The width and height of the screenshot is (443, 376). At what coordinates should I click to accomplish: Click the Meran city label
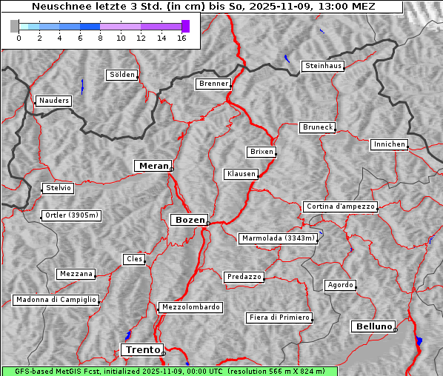pos(153,166)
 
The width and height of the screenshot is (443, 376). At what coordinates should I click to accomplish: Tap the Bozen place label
pos(189,220)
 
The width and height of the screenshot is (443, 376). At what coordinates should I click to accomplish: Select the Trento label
pos(141,349)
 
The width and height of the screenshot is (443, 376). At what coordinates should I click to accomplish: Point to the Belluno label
pos(373,326)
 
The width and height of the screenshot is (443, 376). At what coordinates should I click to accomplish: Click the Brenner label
pos(214,84)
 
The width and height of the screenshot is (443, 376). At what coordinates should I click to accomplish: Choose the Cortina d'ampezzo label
pos(340,207)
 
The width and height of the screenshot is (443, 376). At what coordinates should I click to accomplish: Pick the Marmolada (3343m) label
pos(279,238)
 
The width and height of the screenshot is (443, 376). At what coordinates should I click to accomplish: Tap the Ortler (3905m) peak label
pos(71,216)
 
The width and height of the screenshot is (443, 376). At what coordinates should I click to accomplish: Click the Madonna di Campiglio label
pos(56,300)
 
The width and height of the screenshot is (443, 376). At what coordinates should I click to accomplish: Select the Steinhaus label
pos(324,66)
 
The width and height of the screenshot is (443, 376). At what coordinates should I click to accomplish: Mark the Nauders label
pos(53,101)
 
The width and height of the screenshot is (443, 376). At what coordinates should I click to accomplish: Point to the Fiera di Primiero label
pos(279,318)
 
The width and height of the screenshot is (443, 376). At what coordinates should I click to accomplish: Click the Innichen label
pos(389,144)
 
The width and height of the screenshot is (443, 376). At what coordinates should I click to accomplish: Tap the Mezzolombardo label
pos(190,306)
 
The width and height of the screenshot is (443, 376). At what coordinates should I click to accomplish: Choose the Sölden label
pos(122,75)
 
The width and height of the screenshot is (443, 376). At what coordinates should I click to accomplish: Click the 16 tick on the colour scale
pos(181,38)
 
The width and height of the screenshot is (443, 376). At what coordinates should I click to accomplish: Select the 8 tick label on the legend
pos(100,38)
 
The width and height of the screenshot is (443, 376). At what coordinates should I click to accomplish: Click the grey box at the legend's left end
pos(15,26)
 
